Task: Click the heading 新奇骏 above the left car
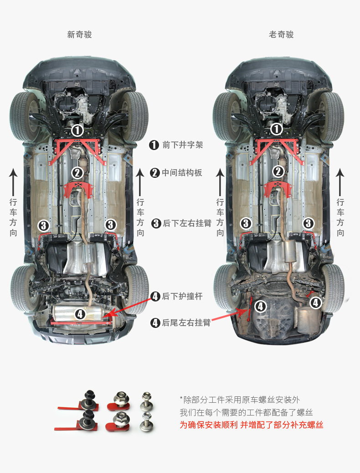click(79, 35)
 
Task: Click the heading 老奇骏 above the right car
click(281, 35)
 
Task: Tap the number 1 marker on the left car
click(77, 130)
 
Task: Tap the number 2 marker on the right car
click(278, 172)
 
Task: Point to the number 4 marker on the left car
click(80, 314)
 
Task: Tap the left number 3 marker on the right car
click(246, 224)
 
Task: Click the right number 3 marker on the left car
click(111, 224)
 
